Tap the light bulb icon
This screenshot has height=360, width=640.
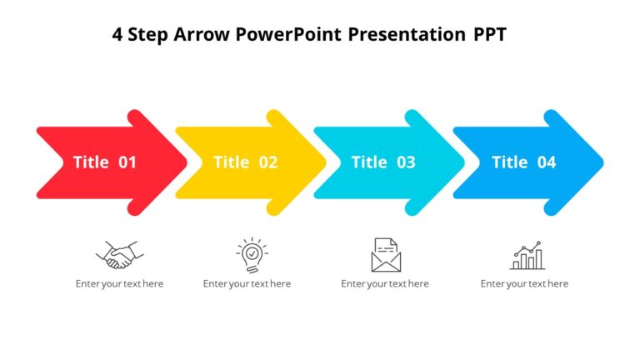[251, 254]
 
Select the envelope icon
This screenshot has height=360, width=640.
[385, 254]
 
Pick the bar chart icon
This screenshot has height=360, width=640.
[527, 255]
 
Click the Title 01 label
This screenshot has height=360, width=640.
[104, 162]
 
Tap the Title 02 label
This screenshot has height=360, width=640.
[245, 162]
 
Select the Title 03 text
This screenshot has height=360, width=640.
[383, 162]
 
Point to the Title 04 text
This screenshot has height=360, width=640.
[523, 162]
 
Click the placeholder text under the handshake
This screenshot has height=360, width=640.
[119, 284]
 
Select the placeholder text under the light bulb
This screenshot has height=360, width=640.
[247, 284]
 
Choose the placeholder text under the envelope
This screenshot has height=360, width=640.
[385, 284]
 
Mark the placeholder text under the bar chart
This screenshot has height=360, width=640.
[524, 284]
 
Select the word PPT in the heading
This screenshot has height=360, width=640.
[489, 35]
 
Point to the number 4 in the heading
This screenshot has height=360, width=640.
[117, 35]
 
